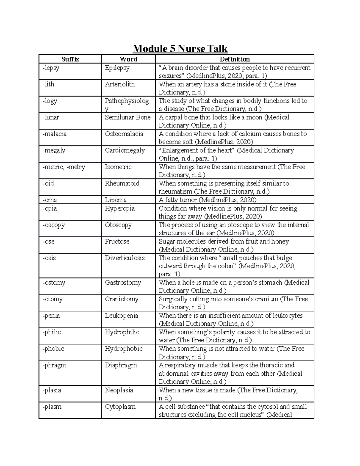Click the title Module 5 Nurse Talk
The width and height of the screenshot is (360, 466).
pos(180,49)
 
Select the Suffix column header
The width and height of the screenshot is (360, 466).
pos(70,59)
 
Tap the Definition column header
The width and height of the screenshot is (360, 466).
pos(235,59)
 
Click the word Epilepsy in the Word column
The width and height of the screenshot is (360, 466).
pos(117,68)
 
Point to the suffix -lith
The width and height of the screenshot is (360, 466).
pos(48,84)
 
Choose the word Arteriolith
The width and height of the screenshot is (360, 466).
pos(120,84)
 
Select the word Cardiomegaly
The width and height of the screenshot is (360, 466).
pos(125,150)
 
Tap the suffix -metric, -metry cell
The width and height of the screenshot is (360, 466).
pos(64,167)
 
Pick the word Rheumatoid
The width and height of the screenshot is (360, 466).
pos(122,183)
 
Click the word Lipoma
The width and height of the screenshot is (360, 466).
pos(115,200)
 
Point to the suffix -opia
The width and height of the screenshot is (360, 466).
pos(49,208)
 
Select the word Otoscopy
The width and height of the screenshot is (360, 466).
pos(118,225)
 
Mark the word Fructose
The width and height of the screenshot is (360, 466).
pos(117,242)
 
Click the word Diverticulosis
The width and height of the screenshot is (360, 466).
pos(125,258)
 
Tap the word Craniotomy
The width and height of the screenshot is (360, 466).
pos(121,299)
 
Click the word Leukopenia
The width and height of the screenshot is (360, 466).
pos(121,316)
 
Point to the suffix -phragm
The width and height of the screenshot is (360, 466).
pos(54,365)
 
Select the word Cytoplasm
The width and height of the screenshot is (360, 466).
pos(120,407)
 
